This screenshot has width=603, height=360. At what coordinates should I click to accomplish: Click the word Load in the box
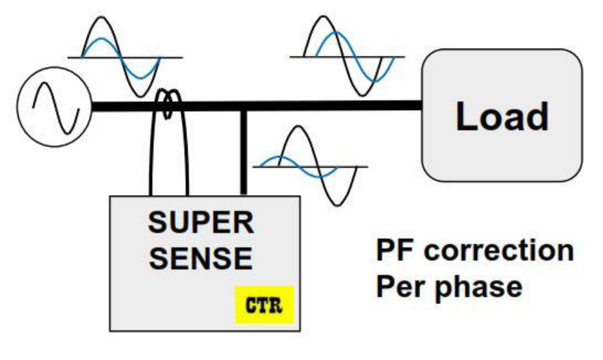click(502, 116)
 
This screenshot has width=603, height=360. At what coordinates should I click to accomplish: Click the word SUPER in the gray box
click(201, 223)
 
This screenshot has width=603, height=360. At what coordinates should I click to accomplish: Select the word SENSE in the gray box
click(201, 258)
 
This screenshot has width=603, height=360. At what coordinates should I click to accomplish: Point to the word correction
click(499, 250)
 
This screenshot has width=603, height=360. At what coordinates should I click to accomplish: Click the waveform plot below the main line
click(311, 166)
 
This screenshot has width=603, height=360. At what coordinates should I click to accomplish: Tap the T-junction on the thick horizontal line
click(243, 107)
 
